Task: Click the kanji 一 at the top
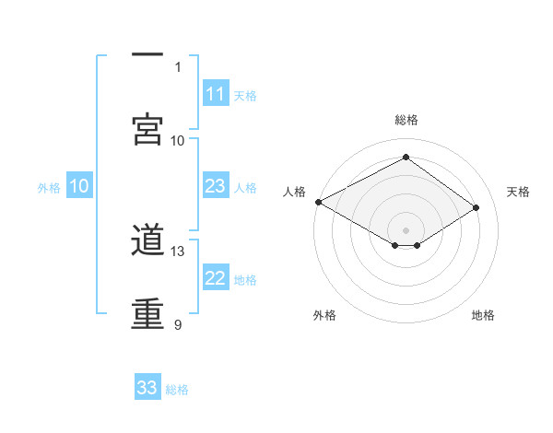[x=147, y=56]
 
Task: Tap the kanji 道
[x=147, y=241]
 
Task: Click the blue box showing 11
[x=216, y=94]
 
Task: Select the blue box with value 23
[x=216, y=187]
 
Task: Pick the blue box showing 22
[x=216, y=279]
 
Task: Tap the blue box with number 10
[x=79, y=187]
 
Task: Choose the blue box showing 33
[x=147, y=388]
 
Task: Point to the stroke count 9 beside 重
[x=178, y=324]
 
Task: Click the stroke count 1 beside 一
[x=178, y=66]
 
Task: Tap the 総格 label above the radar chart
[x=406, y=120]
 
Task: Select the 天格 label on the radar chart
[x=519, y=192]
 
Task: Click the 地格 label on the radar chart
[x=483, y=315]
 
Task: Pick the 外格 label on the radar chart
[x=324, y=315]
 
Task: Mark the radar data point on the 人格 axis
[x=318, y=202]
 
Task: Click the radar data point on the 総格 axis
[x=406, y=158]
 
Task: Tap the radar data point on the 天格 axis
[x=477, y=208]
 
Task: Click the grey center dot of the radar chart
[x=406, y=228]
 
